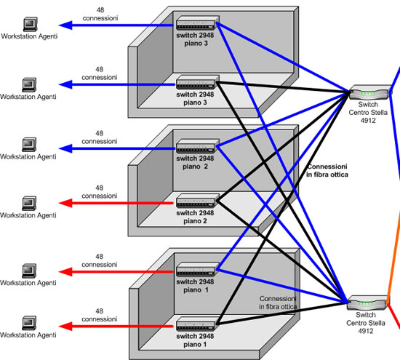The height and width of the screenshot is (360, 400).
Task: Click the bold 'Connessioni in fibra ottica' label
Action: click(327, 170)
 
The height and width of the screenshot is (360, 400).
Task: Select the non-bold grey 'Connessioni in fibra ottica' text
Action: click(278, 303)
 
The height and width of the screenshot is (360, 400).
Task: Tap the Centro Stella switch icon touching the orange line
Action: click(367, 303)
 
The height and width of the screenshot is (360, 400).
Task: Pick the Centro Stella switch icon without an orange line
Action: click(370, 92)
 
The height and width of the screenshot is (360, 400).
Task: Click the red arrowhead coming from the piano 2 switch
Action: click(65, 203)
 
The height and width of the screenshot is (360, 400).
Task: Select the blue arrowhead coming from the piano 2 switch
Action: click(65, 148)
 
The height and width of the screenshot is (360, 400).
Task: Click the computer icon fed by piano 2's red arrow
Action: click(29, 204)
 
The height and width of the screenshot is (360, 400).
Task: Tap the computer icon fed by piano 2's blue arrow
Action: click(29, 145)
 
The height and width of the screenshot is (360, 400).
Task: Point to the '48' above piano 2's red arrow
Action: click(100, 188)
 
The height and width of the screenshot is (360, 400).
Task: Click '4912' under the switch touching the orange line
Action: click(366, 331)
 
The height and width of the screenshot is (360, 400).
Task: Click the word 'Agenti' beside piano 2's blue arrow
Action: click(47, 156)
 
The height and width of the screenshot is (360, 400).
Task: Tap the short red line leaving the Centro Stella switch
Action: click(393, 316)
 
